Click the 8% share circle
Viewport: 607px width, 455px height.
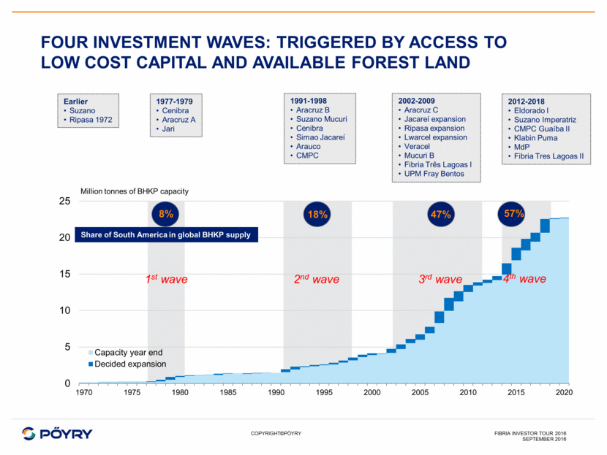pos(166,215)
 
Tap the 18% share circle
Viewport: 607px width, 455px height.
pos(317,215)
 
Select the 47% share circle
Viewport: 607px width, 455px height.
pos(440,215)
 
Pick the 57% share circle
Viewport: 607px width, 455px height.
pos(514,214)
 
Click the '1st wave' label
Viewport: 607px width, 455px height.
pos(167,279)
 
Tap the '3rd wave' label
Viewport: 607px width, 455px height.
pos(440,279)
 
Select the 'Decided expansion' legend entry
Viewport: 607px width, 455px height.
pos(129,364)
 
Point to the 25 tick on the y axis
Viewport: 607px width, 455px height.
pos(65,201)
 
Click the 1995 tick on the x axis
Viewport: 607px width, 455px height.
pos(324,394)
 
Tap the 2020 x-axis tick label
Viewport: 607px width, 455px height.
pos(563,394)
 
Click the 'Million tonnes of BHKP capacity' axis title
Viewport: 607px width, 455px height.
pos(134,191)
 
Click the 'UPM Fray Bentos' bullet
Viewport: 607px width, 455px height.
pos(438,173)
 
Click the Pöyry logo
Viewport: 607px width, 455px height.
pos(58,432)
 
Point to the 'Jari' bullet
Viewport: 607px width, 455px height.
pos(167,129)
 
